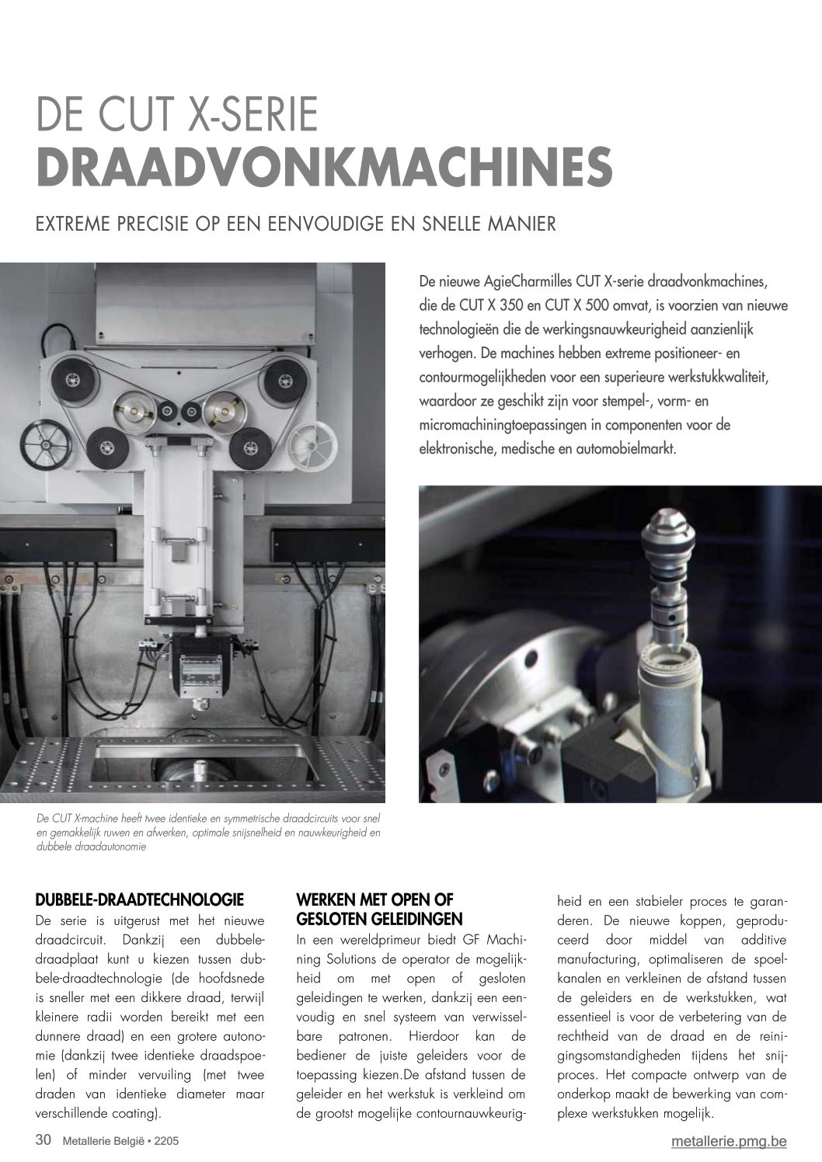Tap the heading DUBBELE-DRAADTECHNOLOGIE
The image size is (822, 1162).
140,901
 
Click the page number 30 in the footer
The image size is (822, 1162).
44,1140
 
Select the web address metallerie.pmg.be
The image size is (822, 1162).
730,1141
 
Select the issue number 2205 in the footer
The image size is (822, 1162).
172,1141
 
